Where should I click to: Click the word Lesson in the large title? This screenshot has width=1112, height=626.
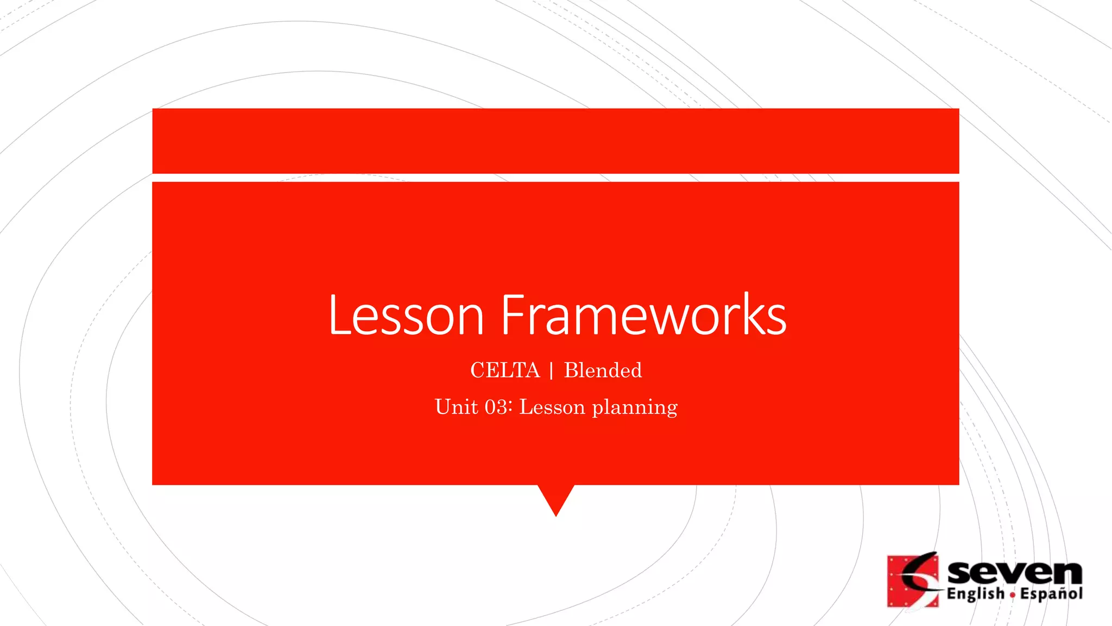point(406,315)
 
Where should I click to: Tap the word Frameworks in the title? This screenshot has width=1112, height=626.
point(643,315)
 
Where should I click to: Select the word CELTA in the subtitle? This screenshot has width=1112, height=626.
point(505,371)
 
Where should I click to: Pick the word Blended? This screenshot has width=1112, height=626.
point(603,371)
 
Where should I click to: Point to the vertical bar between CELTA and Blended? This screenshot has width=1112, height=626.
point(552,371)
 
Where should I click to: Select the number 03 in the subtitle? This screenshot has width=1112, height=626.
point(496,407)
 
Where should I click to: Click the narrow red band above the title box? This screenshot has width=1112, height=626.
point(555,141)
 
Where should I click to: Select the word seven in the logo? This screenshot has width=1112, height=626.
point(1014,573)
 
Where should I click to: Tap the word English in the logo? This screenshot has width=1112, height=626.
point(975,594)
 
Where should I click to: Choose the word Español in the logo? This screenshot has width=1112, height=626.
point(1051,594)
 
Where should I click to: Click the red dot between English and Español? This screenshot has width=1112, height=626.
point(1013,595)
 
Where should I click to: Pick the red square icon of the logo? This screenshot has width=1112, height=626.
point(912,580)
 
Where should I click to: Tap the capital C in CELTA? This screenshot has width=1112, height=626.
point(478,371)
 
